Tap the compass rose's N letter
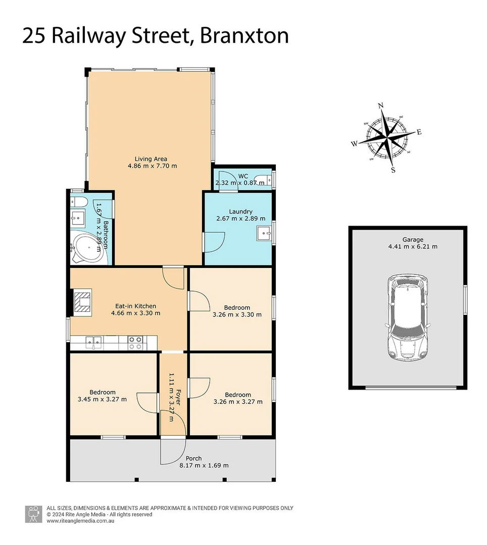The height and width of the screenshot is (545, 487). coord(381,105)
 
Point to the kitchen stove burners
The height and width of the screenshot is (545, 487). coord(135,343)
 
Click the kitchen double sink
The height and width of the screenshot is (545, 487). coord(92,343)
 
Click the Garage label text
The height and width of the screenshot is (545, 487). coord(413,240)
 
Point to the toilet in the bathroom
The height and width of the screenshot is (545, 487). coord(79,203)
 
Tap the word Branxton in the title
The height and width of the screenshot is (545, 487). coord(245,36)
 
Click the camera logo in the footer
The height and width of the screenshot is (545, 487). coord(34,514)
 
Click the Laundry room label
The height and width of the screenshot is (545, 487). coord(240,211)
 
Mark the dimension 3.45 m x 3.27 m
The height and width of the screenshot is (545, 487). coord(102,399)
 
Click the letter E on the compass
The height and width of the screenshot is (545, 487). coord(419,132)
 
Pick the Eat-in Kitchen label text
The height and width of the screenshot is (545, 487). coord(136,306)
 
